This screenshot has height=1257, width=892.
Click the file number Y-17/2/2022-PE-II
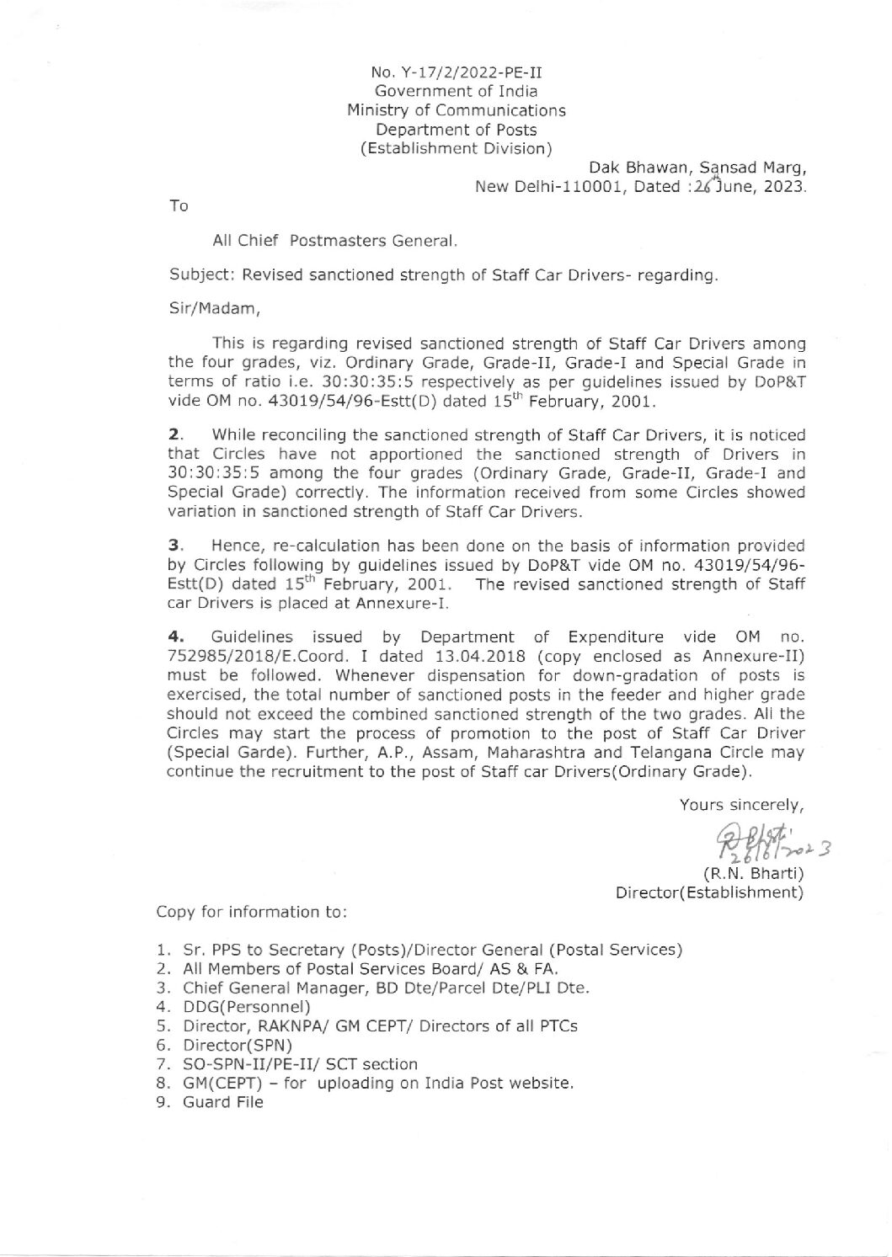click(467, 72)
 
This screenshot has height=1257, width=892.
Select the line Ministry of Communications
click(457, 110)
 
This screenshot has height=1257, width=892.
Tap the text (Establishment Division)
click(456, 149)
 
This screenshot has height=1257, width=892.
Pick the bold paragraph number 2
click(174, 435)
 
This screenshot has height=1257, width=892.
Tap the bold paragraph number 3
click(174, 546)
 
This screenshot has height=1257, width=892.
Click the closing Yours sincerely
click(742, 805)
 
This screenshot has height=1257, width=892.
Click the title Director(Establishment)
click(711, 892)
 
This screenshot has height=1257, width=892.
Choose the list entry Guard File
click(222, 1102)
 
